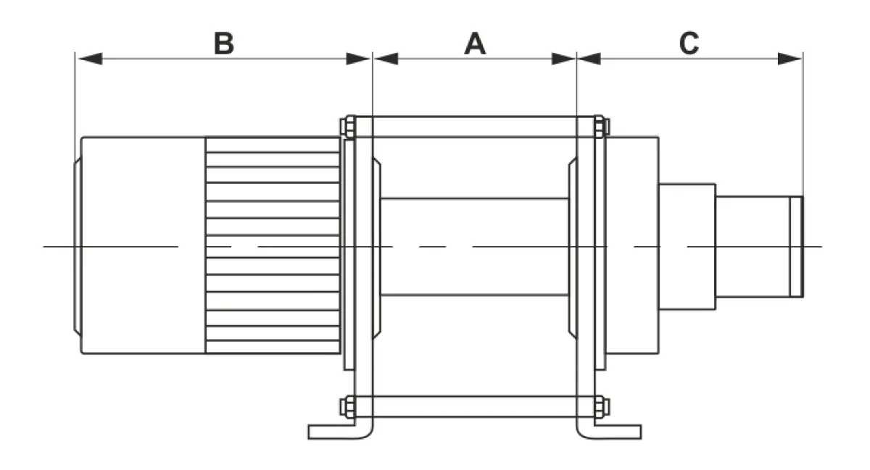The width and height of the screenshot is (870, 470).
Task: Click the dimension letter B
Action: tap(224, 43)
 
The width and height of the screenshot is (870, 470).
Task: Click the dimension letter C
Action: tap(689, 43)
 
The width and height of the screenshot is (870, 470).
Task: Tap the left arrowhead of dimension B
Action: tap(90, 59)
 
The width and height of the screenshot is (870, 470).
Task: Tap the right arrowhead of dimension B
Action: tap(358, 59)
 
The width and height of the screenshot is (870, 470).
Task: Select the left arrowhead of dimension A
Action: tap(386, 59)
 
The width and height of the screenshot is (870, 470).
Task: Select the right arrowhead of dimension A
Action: tap(563, 59)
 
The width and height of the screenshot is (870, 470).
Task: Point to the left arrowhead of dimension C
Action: tap(589, 59)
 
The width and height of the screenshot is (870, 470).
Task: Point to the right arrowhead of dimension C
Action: tap(790, 59)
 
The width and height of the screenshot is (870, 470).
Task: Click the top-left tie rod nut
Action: tap(348, 127)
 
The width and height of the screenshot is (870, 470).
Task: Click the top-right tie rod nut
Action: tap(602, 127)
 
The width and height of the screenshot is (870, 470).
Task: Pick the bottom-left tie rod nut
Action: tap(348, 407)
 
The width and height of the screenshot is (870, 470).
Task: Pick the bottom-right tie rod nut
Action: tap(602, 407)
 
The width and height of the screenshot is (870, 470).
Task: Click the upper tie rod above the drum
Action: tap(475, 127)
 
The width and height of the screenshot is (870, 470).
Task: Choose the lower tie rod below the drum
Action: tap(475, 407)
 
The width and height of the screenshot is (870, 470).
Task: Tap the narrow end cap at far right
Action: tap(797, 247)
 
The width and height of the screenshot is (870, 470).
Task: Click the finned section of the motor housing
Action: tap(273, 246)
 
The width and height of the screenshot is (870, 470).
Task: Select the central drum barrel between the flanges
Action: tap(475, 247)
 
